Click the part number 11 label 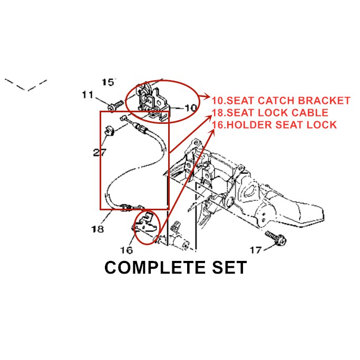pyautogui.click(x=87, y=95)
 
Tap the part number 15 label pyautogui.click(x=109, y=82)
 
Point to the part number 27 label pyautogui.click(x=100, y=153)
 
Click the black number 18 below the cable pyautogui.click(x=97, y=229)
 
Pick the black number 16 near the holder pyautogui.click(x=127, y=249)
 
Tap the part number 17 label pyautogui.click(x=255, y=249)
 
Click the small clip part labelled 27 pyautogui.click(x=109, y=130)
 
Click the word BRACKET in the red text pyautogui.click(x=324, y=100)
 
